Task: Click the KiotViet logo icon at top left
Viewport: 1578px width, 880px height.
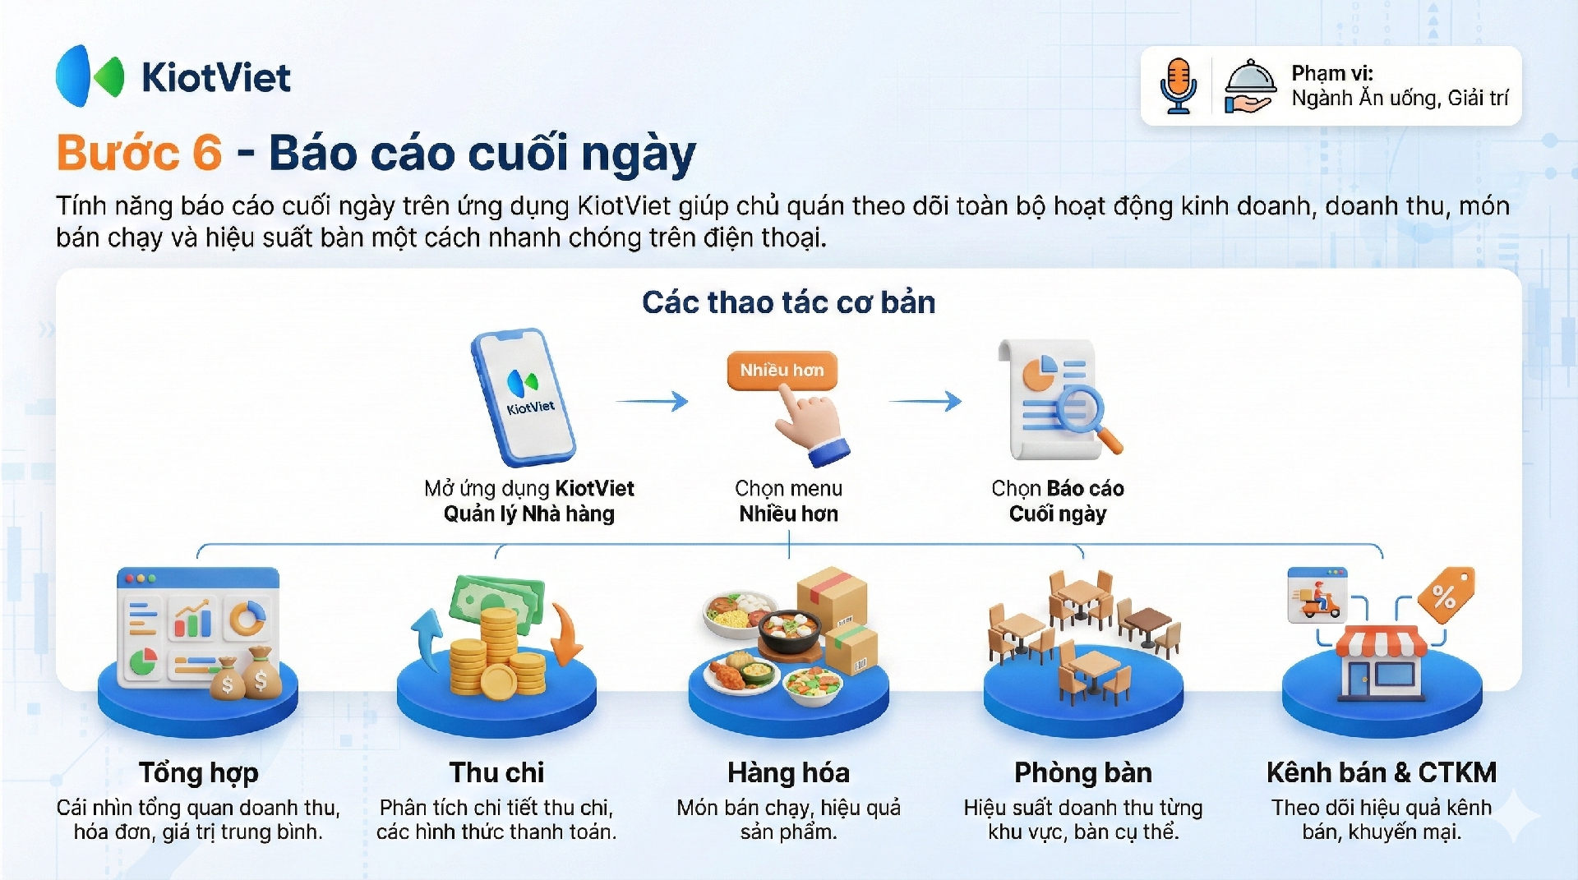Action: [90, 76]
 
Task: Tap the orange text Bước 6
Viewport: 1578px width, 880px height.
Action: [139, 153]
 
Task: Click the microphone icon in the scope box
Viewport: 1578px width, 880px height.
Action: [1179, 85]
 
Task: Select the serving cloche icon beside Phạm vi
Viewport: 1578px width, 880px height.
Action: [1249, 85]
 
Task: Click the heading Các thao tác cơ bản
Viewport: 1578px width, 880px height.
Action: [788, 302]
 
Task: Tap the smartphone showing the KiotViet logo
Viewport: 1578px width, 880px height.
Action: [523, 397]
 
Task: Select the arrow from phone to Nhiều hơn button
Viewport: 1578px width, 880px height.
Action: [652, 401]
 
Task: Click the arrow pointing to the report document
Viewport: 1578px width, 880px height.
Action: [925, 401]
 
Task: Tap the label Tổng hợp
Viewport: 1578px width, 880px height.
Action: [198, 772]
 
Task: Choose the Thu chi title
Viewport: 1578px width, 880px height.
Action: [496, 772]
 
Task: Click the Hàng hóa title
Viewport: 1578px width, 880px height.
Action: [788, 772]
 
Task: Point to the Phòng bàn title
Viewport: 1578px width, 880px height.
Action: [1083, 772]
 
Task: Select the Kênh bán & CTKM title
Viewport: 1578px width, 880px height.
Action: [1381, 772]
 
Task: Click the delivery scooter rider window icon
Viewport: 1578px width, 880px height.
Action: [1317, 594]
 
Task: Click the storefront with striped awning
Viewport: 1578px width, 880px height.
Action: [1382, 662]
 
